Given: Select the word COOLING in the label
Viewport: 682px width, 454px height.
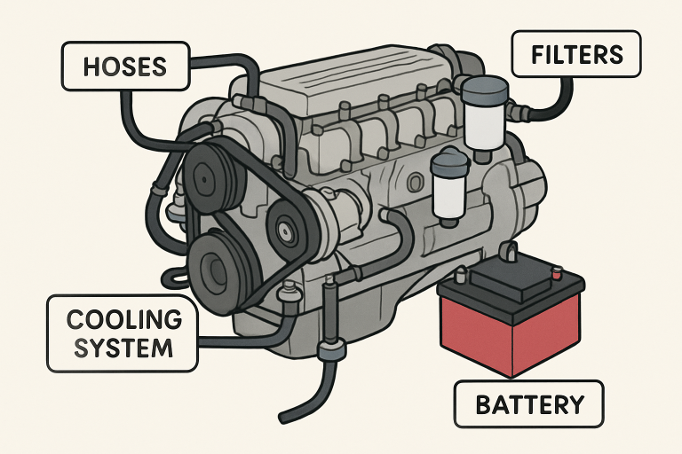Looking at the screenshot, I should click(124, 318).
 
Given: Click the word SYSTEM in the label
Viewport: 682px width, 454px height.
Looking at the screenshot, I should click(124, 347).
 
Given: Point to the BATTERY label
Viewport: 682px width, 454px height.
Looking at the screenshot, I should click(529, 404).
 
